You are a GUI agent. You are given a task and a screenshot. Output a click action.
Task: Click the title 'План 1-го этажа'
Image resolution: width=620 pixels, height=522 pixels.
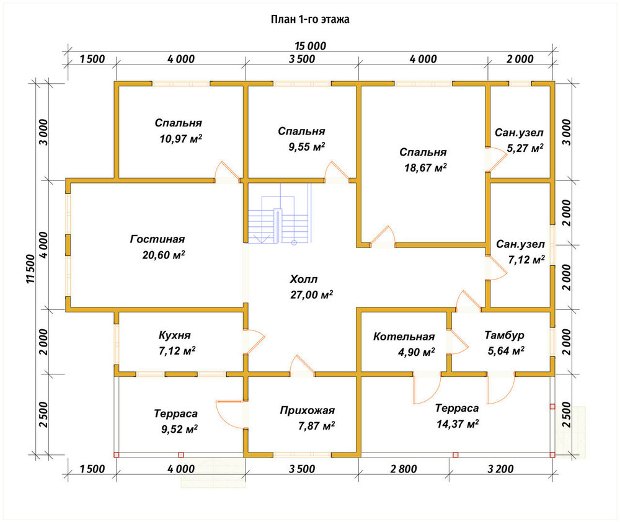coord(310,19)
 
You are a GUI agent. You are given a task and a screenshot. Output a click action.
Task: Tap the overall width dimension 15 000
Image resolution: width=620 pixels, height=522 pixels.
coord(311,46)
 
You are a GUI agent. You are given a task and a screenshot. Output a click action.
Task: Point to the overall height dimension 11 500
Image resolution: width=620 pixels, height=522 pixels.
coord(31,269)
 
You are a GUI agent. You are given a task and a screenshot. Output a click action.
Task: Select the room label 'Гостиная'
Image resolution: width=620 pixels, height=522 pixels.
coord(157,239)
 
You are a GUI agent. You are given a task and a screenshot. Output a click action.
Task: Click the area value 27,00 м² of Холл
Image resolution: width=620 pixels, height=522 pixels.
coord(312,294)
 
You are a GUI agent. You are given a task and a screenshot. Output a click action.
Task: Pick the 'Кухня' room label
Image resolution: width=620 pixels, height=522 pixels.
coord(174,335)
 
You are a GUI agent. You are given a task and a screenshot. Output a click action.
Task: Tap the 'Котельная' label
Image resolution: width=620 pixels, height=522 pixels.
coord(404,337)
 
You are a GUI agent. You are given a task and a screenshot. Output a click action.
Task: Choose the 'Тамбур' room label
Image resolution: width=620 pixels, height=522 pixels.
coord(504,335)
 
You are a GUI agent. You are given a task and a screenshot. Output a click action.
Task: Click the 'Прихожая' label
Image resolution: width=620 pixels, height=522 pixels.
coord(308,411)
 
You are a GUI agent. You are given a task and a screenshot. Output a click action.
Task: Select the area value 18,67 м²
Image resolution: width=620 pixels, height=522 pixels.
coord(425,167)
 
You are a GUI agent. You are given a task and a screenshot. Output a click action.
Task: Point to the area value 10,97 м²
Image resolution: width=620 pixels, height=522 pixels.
coord(180,139)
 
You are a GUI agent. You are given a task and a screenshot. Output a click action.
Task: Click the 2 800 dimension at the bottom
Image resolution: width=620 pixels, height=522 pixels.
coord(404,469)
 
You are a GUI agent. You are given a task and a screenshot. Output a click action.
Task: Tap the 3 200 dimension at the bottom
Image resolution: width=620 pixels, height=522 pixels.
coord(500,469)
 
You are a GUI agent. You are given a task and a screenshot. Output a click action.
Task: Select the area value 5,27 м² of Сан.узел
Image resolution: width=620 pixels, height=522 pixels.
coord(525,148)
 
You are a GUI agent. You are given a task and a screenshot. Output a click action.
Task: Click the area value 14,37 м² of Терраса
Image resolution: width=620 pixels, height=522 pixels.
coord(458,424)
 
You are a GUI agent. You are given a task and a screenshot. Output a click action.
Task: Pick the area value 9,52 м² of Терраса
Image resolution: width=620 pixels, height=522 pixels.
coord(180,429)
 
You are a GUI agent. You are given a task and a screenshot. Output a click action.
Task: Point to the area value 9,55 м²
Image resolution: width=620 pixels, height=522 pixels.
coord(307,147)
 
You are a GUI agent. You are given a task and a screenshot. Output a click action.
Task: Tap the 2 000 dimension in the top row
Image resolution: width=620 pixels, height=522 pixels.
coord(520,60)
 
